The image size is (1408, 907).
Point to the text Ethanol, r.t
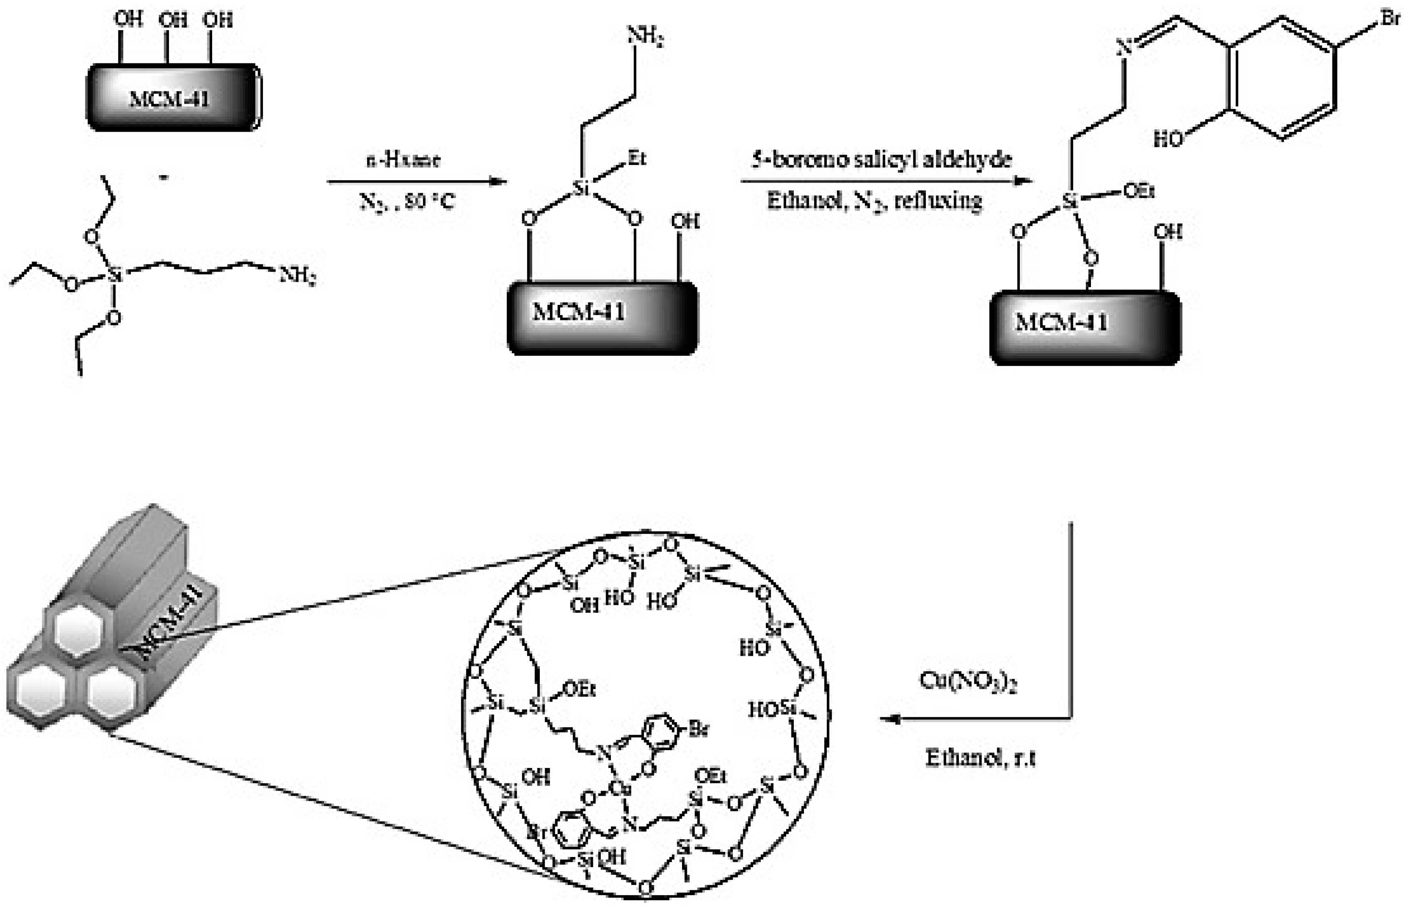point(980,758)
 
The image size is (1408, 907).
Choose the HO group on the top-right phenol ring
point(1168,139)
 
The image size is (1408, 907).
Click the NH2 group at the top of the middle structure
point(645,37)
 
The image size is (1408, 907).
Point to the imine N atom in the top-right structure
point(1125,48)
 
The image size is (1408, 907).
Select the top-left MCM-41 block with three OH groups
point(174,98)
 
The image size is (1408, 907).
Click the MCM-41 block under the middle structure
point(602,318)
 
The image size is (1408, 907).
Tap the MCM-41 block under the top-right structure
point(1085,327)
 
